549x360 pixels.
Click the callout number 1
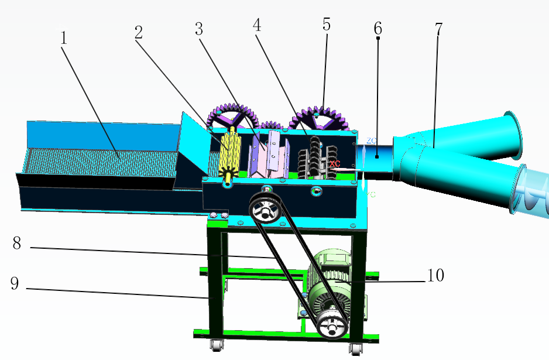point(63,38)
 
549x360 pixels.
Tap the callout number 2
point(139,33)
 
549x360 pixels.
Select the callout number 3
point(199,29)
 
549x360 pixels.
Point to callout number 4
point(257,25)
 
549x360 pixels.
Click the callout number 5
point(327,25)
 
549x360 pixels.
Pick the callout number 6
point(378,28)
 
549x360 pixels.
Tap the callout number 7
point(439,29)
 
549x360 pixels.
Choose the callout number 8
point(17,243)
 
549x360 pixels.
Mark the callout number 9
point(15,283)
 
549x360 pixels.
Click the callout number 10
point(435,275)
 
